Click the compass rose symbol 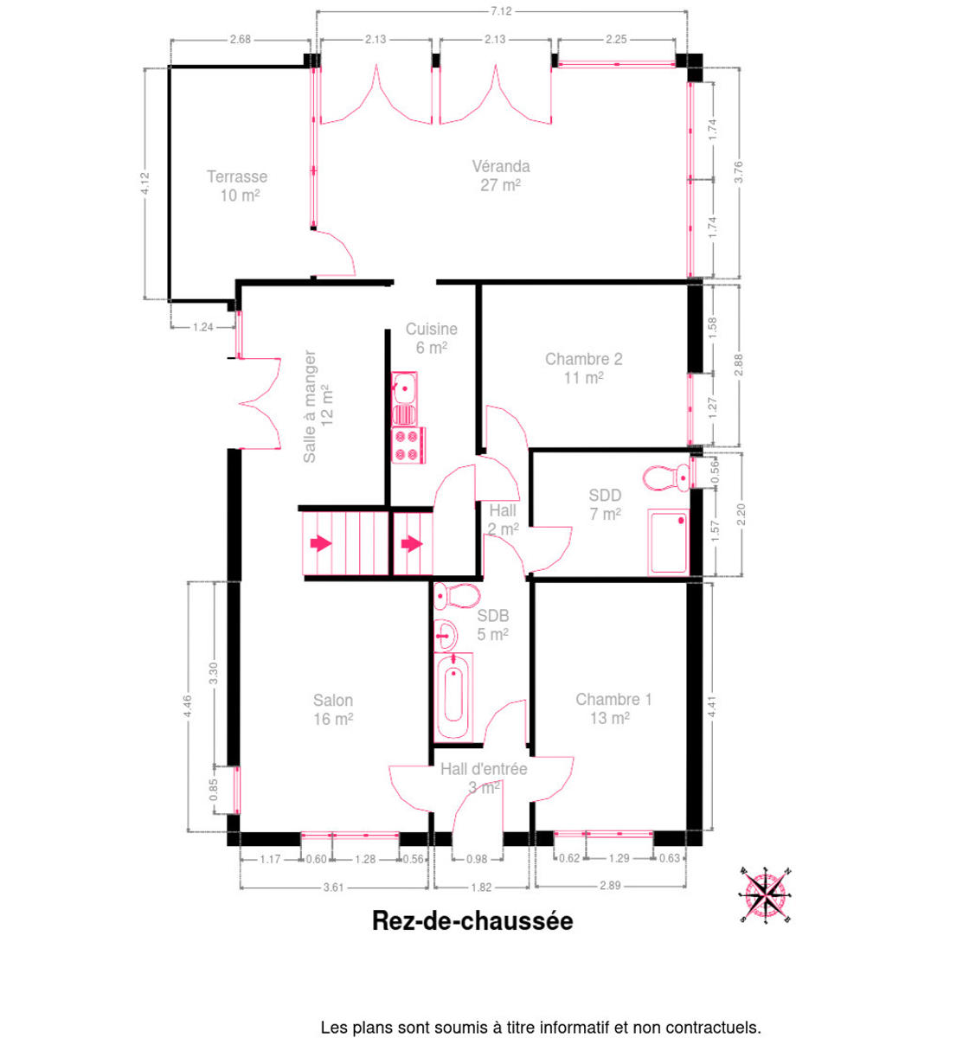766,895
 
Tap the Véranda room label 501,167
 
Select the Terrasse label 237,176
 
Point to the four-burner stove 408,445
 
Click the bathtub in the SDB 453,696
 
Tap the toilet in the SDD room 666,477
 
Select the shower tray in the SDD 668,542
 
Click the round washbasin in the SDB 446,636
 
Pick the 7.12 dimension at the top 501,11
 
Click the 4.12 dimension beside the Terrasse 145,183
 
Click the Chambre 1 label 613,699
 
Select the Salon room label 333,700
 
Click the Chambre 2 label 583,359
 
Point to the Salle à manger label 310,406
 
